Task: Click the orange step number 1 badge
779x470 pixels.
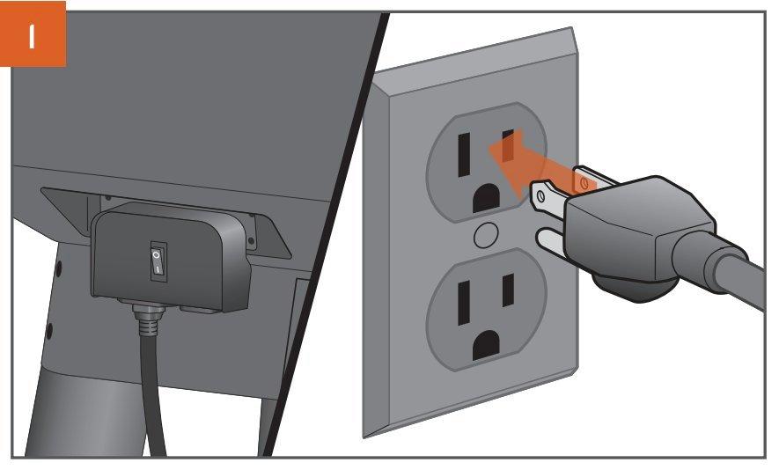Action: point(33,33)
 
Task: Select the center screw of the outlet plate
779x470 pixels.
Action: point(486,236)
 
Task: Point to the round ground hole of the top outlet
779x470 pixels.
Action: point(486,198)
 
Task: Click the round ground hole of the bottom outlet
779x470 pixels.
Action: point(486,345)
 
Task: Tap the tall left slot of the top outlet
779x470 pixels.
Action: point(464,155)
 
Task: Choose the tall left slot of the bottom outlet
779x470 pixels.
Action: point(464,303)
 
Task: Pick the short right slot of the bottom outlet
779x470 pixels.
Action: point(508,290)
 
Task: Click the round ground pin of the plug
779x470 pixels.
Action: point(550,242)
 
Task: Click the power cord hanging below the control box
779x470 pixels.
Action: point(153,393)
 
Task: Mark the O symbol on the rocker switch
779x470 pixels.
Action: point(157,254)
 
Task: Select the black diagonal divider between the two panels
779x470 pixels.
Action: point(326,233)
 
